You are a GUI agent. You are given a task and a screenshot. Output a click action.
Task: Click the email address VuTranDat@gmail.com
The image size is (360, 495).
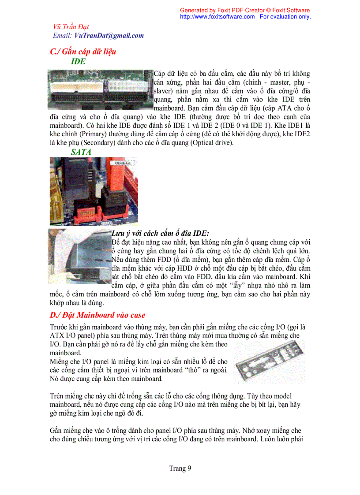(109, 36)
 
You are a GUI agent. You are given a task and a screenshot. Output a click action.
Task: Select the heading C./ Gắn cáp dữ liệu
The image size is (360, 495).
(83, 52)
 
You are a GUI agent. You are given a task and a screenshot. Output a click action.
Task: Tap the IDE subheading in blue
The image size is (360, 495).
(78, 62)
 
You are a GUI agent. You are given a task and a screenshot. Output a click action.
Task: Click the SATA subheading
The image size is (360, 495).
(81, 152)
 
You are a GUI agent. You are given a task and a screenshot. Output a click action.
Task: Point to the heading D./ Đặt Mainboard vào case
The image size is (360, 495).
(97, 315)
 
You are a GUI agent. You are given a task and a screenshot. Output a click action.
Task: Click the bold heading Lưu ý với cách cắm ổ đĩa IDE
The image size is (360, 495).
(160, 233)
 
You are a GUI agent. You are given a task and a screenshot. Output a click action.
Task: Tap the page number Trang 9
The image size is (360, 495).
(180, 468)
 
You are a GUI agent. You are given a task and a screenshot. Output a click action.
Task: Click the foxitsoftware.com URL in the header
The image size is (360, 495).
(217, 17)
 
